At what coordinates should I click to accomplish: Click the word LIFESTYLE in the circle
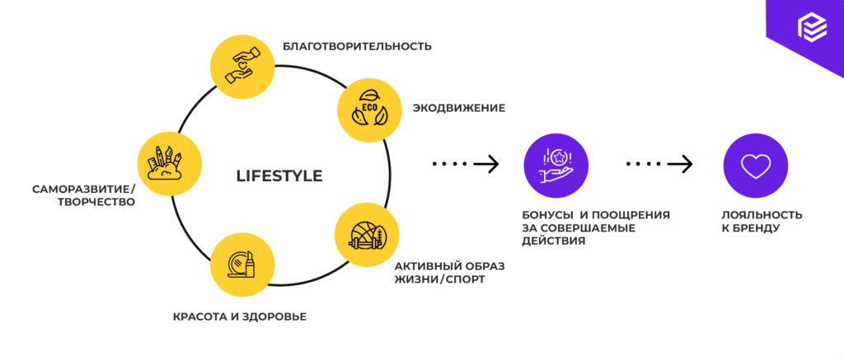[x=279, y=176]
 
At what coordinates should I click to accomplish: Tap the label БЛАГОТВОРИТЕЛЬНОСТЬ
[x=357, y=46]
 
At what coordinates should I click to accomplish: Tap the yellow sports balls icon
[x=367, y=236]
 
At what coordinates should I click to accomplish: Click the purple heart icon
[x=754, y=165]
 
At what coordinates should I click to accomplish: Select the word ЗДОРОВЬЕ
[x=275, y=316]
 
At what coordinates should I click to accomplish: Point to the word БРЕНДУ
[x=756, y=228]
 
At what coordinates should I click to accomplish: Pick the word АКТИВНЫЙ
[x=426, y=266]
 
